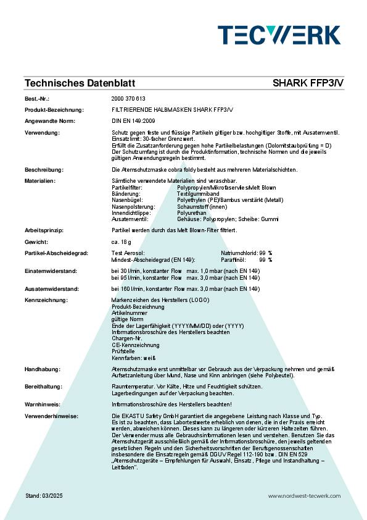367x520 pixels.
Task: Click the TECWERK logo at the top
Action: click(279, 35)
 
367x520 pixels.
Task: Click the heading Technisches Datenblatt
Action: click(80, 83)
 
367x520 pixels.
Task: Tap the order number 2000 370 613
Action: click(128, 99)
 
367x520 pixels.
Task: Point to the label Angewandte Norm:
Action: click(50, 121)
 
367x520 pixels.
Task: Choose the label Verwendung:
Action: click(42, 133)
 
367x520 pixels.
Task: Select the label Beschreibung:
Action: click(44, 169)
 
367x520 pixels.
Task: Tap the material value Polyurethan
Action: click(192, 212)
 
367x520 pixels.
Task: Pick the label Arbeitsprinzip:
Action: click(44, 230)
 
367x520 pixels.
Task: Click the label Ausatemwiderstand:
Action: click(52, 288)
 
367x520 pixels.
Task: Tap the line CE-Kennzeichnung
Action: click(135, 345)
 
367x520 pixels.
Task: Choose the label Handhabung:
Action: click(43, 369)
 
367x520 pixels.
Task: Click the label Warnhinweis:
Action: click(43, 405)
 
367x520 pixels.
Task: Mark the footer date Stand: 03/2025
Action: click(44, 496)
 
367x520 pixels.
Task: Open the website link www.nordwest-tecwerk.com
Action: click(304, 496)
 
